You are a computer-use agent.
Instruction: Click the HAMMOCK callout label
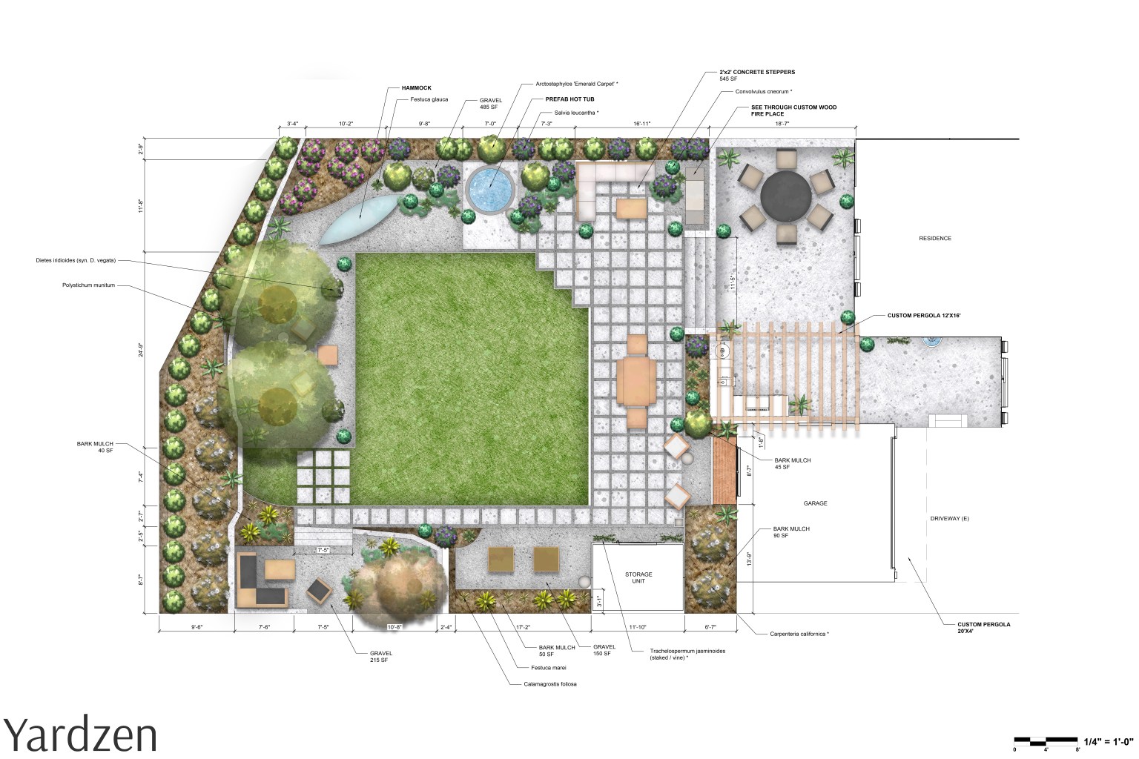(x=416, y=88)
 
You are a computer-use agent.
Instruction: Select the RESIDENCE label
(x=934, y=239)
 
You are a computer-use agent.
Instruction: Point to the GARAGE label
(x=815, y=503)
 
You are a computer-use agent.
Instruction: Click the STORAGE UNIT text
(x=638, y=577)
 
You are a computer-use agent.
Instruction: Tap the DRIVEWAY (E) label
(x=949, y=518)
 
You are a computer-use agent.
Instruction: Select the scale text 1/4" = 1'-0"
(x=1109, y=741)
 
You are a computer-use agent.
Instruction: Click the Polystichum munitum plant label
(x=88, y=285)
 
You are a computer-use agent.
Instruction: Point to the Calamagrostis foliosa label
(x=549, y=684)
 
